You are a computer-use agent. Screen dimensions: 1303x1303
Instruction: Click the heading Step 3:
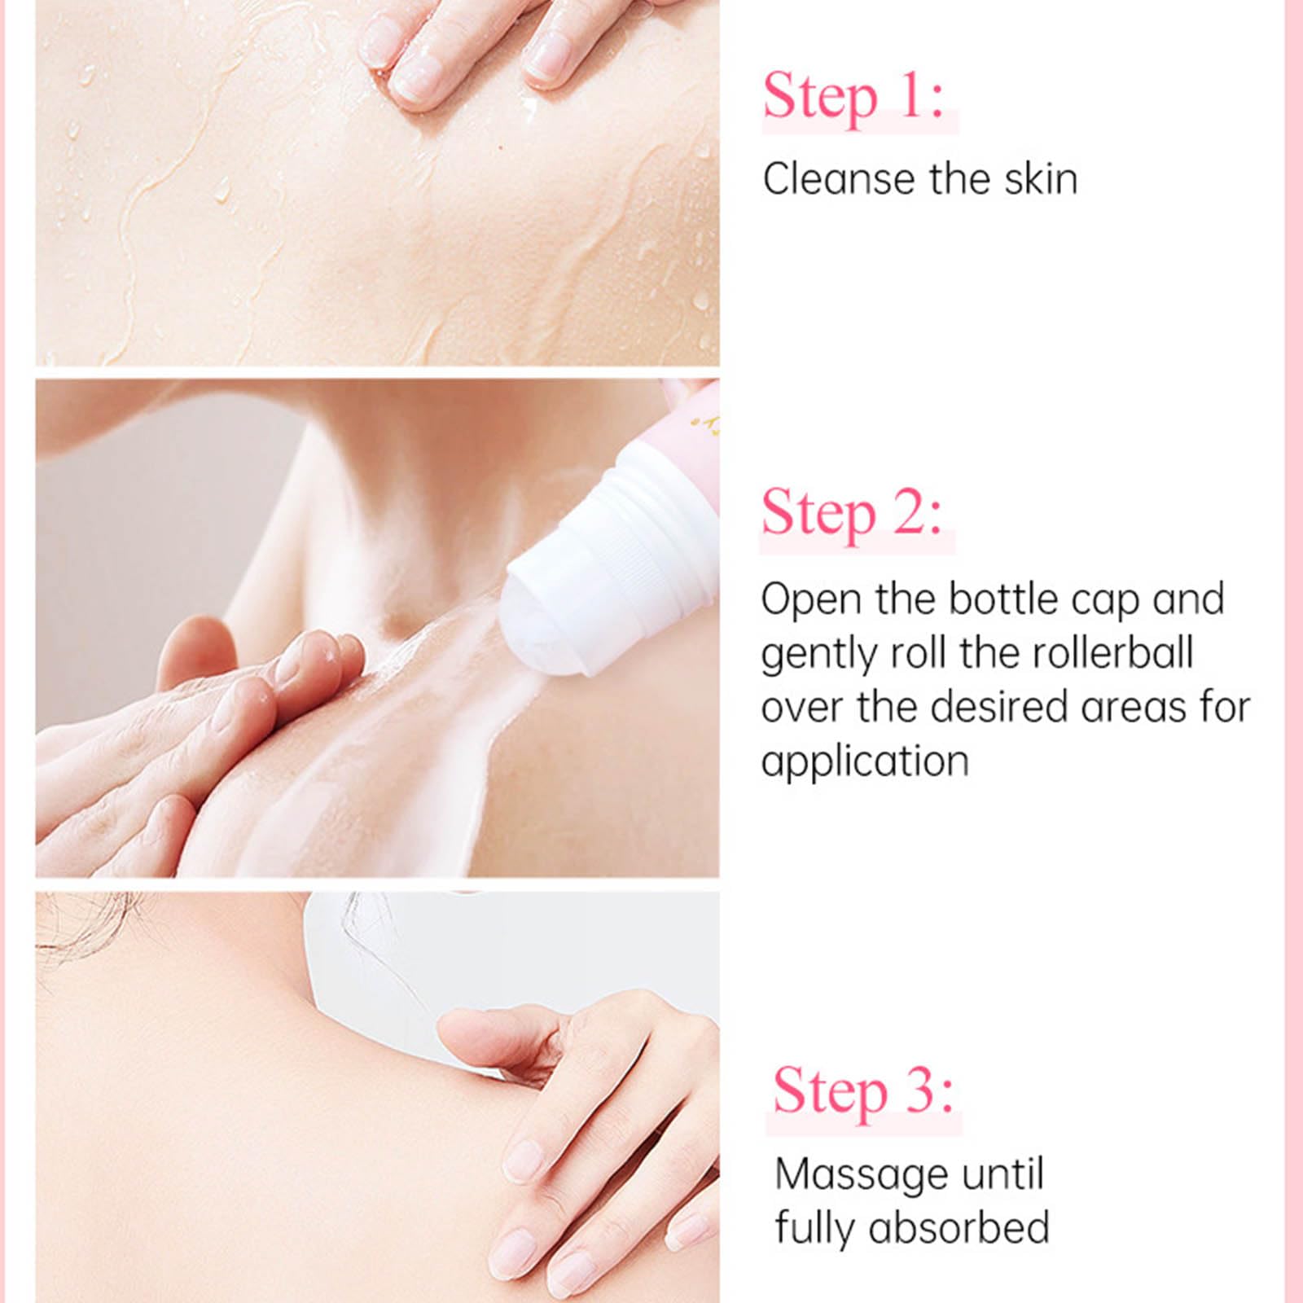pos(862,1090)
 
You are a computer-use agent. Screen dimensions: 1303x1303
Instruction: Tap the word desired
pos(998,707)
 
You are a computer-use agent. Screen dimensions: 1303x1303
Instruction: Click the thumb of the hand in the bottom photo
pos(489,1030)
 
